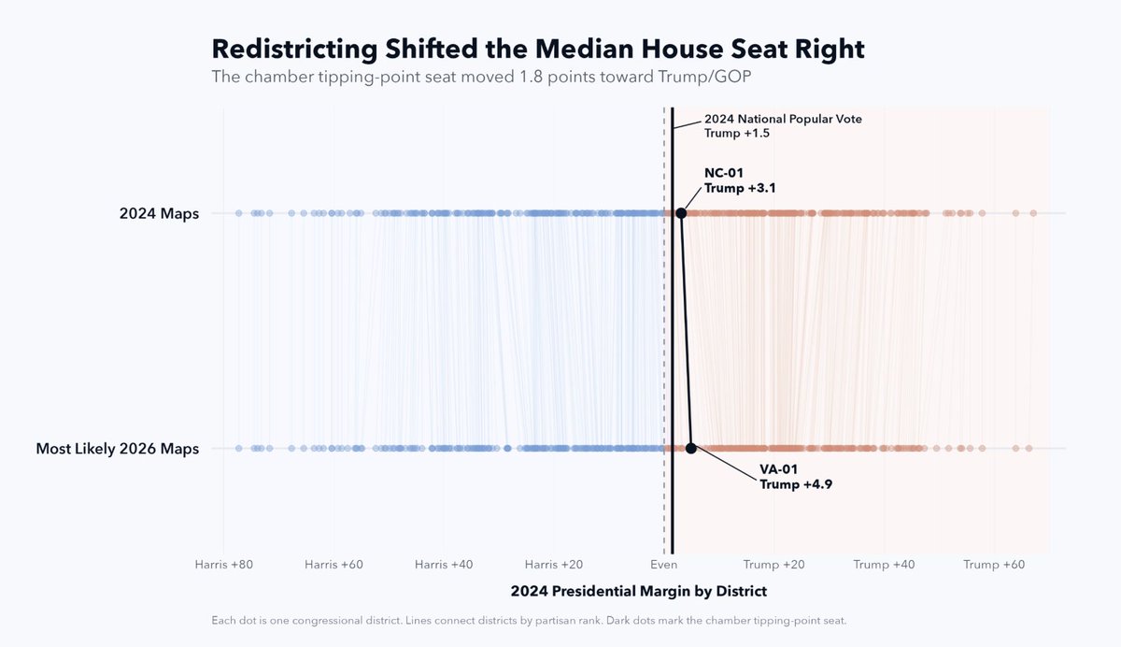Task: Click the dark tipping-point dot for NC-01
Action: [x=681, y=213]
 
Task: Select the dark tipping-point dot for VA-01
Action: [x=691, y=448]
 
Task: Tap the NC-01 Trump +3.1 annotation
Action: [x=740, y=180]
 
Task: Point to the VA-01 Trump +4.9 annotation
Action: [x=796, y=477]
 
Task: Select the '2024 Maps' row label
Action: [x=159, y=213]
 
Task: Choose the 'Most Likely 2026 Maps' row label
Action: [x=118, y=449]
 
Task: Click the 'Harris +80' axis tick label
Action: [x=223, y=565]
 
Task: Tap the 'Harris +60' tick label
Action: [x=333, y=565]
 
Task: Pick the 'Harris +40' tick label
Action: [x=444, y=565]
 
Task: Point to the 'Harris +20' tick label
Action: [x=554, y=565]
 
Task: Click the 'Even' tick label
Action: [x=663, y=565]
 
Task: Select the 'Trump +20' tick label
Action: [x=773, y=565]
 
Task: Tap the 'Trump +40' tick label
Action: [x=884, y=565]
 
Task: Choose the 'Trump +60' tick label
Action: [x=994, y=565]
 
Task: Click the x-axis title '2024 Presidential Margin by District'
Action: [x=639, y=592]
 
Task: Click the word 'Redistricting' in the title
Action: [x=294, y=49]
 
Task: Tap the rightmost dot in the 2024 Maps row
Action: [x=1033, y=213]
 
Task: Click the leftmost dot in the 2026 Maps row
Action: [x=239, y=448]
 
